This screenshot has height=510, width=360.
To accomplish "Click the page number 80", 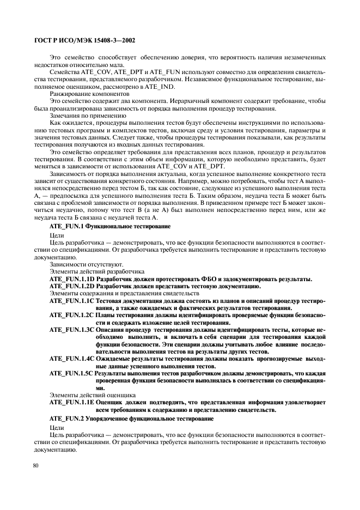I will click(x=36, y=466).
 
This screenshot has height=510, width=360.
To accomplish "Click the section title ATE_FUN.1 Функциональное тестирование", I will click(x=109, y=226).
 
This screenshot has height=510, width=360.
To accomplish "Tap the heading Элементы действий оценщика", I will click(x=85, y=395).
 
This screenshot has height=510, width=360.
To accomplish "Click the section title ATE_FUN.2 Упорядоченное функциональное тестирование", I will click(x=131, y=418).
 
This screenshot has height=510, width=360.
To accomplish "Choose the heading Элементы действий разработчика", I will click(x=89, y=271).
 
